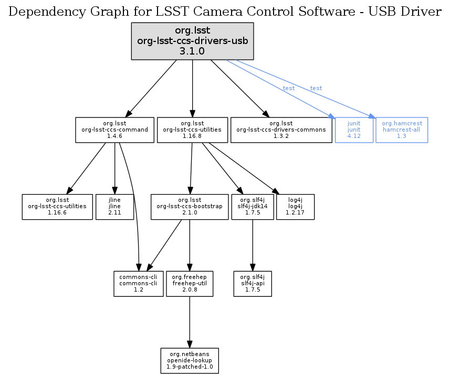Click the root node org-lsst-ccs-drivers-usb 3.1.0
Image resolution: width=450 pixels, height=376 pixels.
point(192,41)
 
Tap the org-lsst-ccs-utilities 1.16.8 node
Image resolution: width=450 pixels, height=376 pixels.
point(192,130)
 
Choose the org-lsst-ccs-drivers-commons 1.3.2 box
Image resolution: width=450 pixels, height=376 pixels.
point(282,130)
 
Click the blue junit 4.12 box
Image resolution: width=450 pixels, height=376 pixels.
point(354,130)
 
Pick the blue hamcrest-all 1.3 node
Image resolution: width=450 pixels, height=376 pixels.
point(402,130)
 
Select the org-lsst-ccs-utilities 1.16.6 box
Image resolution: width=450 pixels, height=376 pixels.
point(57,207)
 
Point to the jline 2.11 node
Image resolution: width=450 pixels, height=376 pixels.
point(114,207)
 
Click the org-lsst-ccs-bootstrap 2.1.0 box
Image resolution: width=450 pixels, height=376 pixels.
point(190,207)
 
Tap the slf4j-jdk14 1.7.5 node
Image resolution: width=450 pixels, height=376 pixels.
point(253,207)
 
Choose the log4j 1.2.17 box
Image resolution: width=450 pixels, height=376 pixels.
point(295,207)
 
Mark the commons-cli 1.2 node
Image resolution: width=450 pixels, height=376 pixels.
point(139,283)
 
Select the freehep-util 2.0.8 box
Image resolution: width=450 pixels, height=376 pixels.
point(190,283)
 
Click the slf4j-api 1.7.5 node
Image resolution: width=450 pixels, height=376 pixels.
point(253,283)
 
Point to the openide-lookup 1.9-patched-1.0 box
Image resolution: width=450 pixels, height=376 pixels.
point(190,360)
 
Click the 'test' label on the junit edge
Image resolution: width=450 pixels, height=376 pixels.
point(289,88)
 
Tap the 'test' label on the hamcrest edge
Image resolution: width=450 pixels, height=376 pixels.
point(316,88)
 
